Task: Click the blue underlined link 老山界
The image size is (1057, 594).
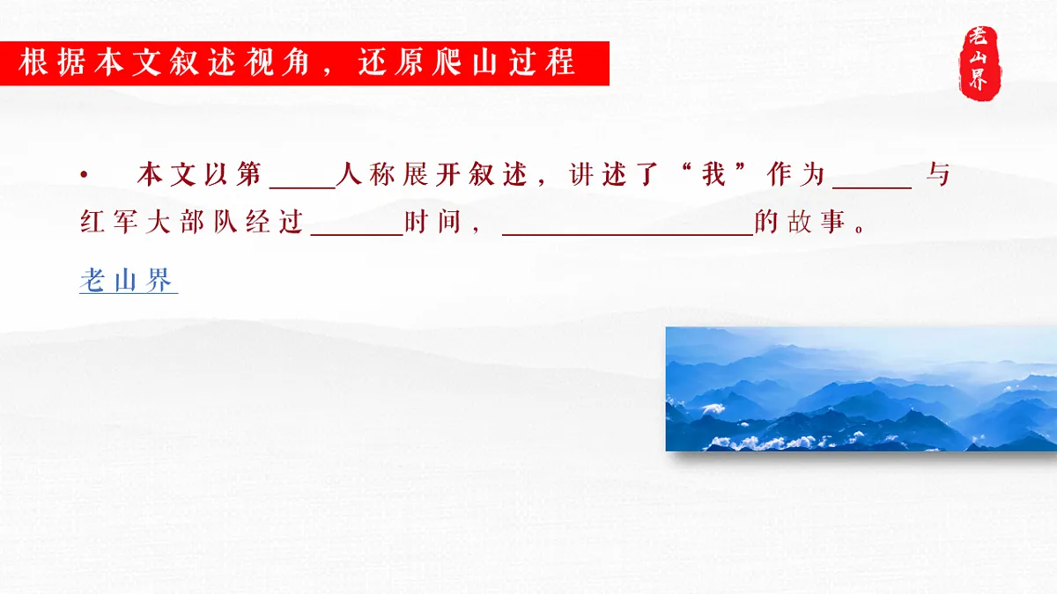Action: pos(129,282)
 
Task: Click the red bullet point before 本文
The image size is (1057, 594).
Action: pos(84,175)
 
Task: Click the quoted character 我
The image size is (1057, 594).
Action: pos(713,175)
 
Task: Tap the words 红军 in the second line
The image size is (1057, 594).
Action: pos(106,224)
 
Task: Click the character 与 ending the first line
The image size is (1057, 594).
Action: pos(939,175)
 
